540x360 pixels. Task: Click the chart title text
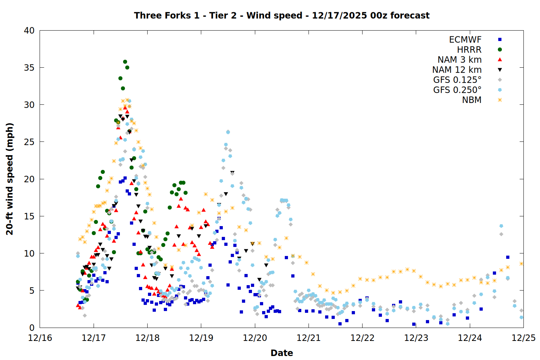[x=282, y=15]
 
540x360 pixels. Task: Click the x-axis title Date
[x=282, y=353]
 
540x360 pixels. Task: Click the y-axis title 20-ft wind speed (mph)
[x=10, y=179]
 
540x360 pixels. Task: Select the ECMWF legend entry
[x=465, y=40]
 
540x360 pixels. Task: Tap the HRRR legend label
[x=469, y=50]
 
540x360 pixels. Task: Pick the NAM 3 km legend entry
[x=459, y=60]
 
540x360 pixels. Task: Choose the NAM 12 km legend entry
[x=457, y=70]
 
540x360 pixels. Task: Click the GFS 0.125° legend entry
[x=457, y=80]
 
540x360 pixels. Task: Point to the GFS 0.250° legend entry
[x=457, y=90]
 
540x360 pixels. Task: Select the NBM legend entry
[x=472, y=100]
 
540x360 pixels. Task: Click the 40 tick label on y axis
[x=29, y=31]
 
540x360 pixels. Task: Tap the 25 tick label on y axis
[x=29, y=142]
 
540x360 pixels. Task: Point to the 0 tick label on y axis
[x=32, y=328]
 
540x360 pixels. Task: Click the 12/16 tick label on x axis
[x=40, y=338]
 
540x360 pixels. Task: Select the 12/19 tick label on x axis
[x=201, y=338]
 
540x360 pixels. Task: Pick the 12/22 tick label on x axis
[x=362, y=338]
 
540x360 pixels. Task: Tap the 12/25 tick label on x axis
[x=523, y=338]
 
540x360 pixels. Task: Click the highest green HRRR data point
[x=125, y=62]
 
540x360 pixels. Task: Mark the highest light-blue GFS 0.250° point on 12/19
[x=228, y=132]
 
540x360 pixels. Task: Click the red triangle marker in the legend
[x=500, y=60]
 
